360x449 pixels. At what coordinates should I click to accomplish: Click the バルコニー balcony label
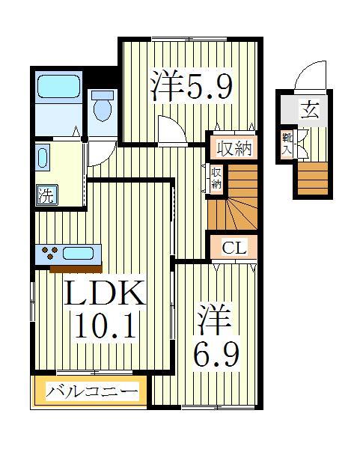(x=92, y=391)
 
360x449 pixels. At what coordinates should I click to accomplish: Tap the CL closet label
(x=232, y=245)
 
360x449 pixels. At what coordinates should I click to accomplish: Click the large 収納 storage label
(x=232, y=148)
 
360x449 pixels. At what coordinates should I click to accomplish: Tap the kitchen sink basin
(x=78, y=253)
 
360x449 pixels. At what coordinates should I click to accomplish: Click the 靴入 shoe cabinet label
(x=287, y=144)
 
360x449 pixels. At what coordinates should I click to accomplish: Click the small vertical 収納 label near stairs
(x=216, y=178)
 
